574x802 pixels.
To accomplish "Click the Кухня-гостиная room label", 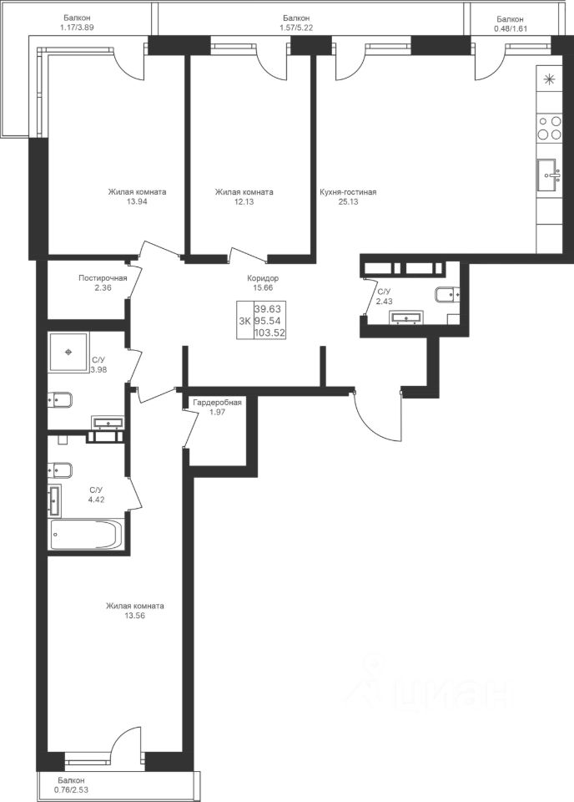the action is click(348, 192).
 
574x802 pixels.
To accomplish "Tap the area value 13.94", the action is click(136, 202).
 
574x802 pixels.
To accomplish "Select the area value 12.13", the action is click(244, 202).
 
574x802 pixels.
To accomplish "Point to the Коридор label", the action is click(263, 278).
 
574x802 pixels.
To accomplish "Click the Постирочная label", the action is click(103, 278).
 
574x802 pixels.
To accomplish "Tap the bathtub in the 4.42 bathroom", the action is click(86, 534).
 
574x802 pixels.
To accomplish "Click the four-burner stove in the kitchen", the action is click(550, 128).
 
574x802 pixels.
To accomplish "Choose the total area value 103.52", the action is click(269, 333).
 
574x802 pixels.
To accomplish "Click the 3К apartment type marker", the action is click(244, 321).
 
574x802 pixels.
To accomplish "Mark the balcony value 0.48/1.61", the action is click(510, 29).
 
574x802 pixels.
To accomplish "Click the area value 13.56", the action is click(135, 616).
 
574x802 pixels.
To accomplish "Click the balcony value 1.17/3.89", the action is click(77, 28).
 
